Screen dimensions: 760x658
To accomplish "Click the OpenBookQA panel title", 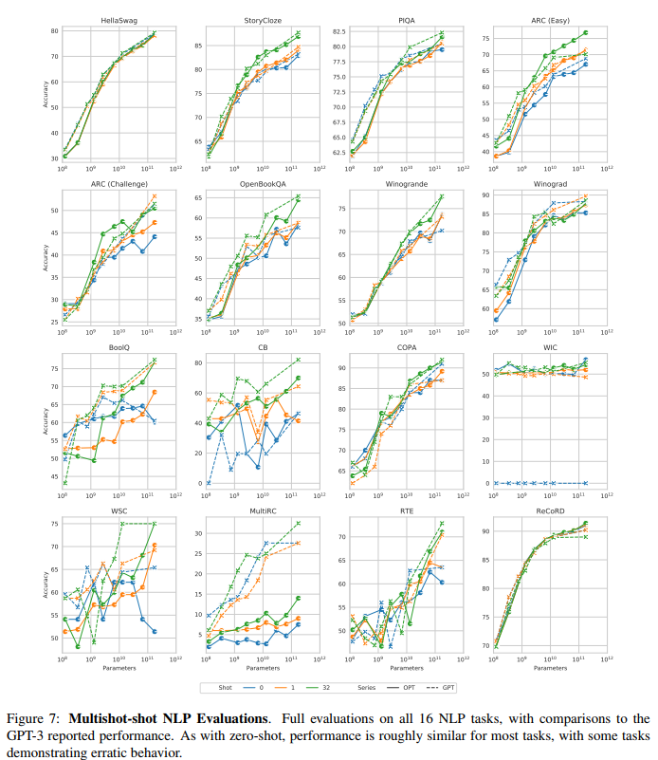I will [258, 184].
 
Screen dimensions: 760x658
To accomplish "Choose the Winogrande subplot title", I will [402, 184].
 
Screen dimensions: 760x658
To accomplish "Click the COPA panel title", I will [402, 348].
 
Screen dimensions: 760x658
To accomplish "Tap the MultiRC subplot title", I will [258, 513].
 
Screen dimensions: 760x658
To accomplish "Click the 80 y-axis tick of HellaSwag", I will [54, 31].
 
